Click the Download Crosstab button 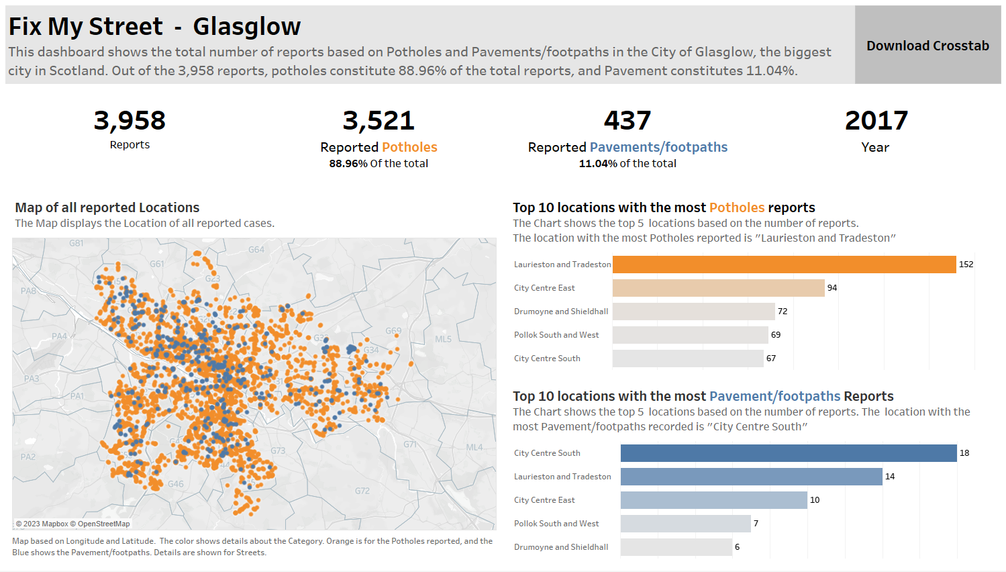[927, 46]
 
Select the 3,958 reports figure [130, 121]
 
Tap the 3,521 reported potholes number [379, 121]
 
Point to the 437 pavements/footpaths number [627, 121]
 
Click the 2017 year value [876, 121]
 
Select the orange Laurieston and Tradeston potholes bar [784, 265]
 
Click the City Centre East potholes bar [718, 288]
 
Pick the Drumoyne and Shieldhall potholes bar [693, 312]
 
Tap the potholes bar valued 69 [690, 335]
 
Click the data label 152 [966, 265]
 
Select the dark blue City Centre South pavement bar [789, 453]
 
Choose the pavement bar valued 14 [751, 477]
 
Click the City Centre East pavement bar [713, 500]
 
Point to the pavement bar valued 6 [676, 547]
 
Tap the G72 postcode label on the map [362, 491]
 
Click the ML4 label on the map [474, 447]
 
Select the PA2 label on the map [28, 457]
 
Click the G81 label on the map [77, 243]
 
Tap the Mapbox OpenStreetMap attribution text [73, 524]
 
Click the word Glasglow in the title [246, 27]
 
